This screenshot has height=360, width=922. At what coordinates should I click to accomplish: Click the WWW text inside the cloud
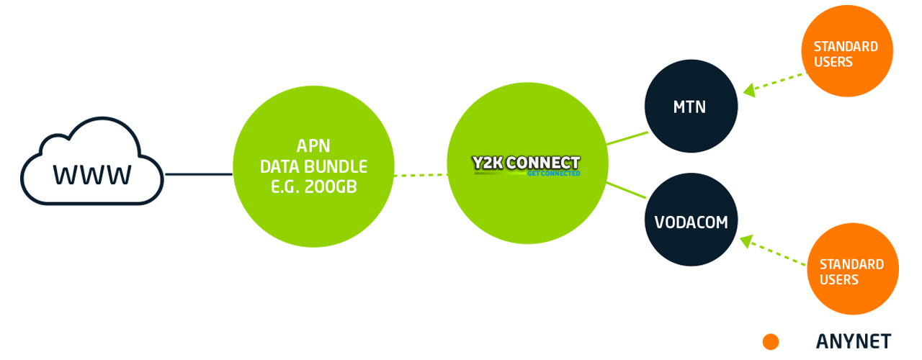pos(92,175)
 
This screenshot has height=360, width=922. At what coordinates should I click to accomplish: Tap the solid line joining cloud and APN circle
pos(199,174)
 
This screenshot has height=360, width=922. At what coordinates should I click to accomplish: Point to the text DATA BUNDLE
pos(313,167)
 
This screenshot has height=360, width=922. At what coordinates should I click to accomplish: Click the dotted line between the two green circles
pos(421,174)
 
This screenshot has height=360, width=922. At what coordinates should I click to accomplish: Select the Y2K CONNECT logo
pos(526,163)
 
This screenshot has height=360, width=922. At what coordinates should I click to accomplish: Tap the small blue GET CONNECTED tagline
pos(554,174)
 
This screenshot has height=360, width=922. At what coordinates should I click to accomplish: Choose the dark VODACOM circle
pos(691,222)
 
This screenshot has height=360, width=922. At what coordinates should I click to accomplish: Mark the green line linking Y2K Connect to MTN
pos(627,138)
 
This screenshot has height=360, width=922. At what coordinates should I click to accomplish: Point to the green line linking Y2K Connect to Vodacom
pos(626,189)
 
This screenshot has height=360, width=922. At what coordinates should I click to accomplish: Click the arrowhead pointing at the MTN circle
pos(750,91)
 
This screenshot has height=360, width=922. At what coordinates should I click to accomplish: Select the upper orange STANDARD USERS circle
pos(846,54)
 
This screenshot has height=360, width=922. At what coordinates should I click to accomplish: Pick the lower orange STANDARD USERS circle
pos(852,269)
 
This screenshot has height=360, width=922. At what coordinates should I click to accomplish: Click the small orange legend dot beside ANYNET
pos(771,341)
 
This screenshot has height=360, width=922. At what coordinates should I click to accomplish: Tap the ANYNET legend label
pos(854,341)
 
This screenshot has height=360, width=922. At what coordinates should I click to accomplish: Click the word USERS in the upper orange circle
pos(833,62)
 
